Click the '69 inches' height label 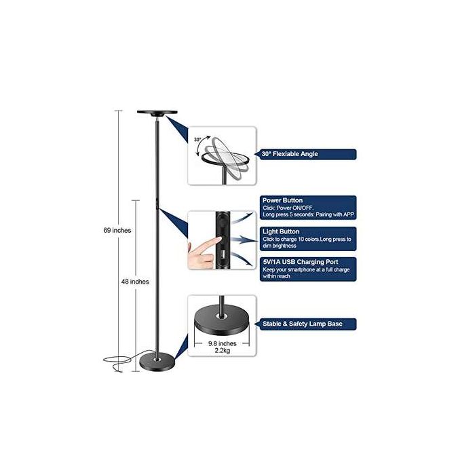pyautogui.click(x=117, y=231)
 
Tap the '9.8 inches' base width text pyautogui.click(x=222, y=343)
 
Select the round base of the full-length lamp pyautogui.click(x=158, y=364)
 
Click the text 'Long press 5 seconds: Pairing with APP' pyautogui.click(x=308, y=214)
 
